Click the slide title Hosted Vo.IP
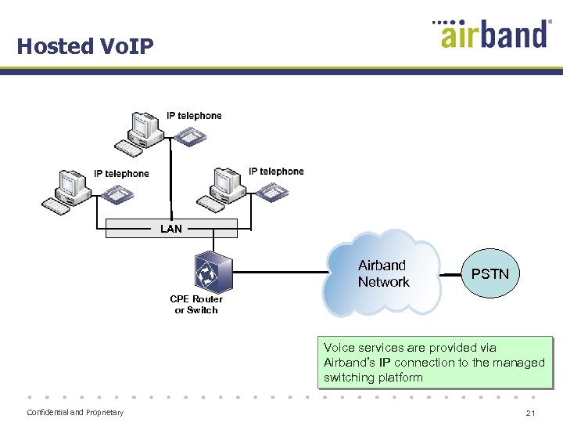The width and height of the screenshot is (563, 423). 85,46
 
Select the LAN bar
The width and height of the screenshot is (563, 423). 171,229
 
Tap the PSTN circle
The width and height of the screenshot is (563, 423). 489,273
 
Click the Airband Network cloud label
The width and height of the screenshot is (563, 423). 382,273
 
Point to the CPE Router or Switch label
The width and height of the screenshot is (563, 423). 196,305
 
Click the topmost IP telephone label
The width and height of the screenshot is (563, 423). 194,116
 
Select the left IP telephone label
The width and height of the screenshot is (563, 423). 121,174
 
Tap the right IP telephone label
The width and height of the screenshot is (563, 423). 276,172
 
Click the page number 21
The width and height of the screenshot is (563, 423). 530,413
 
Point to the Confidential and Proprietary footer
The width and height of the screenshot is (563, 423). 75,413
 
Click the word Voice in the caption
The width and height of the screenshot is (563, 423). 339,348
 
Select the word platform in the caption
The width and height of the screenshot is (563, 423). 400,378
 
